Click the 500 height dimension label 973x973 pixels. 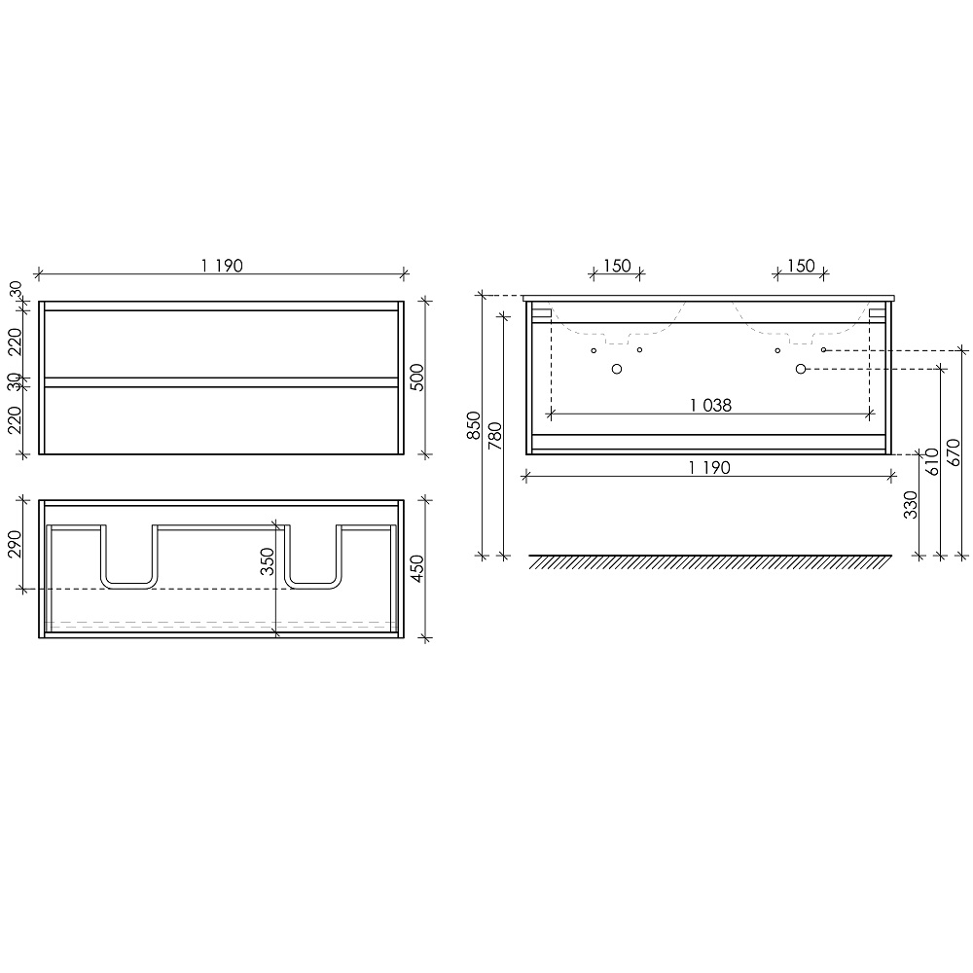pos(417,378)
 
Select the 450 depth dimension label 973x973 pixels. pos(417,568)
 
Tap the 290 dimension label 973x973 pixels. pos(15,544)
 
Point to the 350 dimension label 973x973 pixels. pos(267,561)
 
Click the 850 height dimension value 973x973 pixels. pos(474,426)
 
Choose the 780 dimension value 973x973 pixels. pos(495,436)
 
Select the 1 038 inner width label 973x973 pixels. pos(710,405)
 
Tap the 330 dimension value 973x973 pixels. pos(911,504)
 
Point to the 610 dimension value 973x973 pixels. pos(932,461)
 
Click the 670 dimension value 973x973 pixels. pos(955,453)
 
